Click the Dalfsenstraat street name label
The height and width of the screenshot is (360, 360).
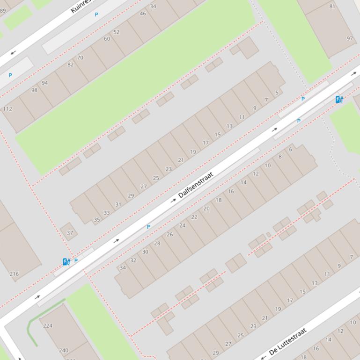point(196,185)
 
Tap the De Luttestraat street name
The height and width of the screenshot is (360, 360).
point(288,341)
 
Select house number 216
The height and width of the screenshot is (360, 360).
point(14,274)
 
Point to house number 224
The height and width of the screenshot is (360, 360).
point(48,325)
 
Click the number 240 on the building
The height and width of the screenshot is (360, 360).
point(64,350)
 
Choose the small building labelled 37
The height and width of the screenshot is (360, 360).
point(70,233)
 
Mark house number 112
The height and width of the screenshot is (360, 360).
point(7,109)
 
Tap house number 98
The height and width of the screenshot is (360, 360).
point(34,90)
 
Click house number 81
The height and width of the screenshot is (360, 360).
point(332,7)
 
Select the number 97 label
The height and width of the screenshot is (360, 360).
point(350,38)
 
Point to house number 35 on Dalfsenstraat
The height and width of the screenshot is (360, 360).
point(97,219)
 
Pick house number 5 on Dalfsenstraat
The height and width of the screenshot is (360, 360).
point(277,93)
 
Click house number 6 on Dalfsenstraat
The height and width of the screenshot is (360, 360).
point(290,150)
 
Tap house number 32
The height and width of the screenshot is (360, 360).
point(133,260)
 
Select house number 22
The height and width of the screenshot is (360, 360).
point(194,217)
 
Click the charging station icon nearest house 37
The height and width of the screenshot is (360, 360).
point(66,262)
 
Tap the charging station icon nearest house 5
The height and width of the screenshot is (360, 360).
point(339,99)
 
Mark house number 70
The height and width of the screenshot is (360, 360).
point(80,58)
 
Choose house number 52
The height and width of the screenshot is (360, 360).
point(117,32)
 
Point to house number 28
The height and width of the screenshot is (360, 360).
point(157,243)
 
